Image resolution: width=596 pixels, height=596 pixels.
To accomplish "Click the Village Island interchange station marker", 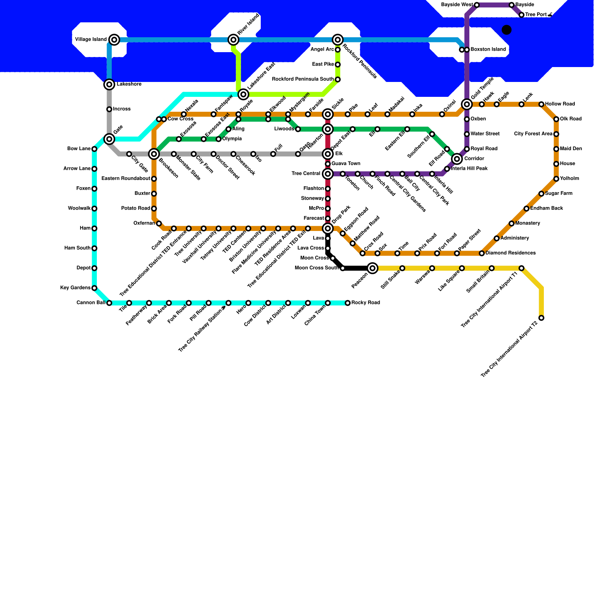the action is click(x=114, y=39).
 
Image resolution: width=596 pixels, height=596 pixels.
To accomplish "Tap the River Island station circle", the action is click(x=234, y=39).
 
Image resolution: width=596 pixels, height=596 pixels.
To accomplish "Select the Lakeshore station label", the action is click(x=129, y=84).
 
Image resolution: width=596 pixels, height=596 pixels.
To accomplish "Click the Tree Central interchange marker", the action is click(x=328, y=174).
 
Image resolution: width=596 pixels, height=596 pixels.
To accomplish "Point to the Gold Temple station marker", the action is click(x=467, y=104).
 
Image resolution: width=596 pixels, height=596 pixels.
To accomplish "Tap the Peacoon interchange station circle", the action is click(x=372, y=268).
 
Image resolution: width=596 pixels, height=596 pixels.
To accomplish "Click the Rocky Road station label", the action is click(x=365, y=302).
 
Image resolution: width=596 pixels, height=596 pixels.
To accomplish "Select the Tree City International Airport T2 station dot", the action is click(x=541, y=318).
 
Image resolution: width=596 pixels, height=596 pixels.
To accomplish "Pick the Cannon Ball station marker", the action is click(x=109, y=303).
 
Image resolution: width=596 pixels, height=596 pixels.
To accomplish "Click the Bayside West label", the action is click(x=457, y=5).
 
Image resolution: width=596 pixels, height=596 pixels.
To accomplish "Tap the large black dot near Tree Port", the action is click(x=507, y=30).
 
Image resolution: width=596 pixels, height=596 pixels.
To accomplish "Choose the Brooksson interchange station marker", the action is click(x=154, y=153).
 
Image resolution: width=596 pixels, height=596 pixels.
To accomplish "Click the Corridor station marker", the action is click(x=457, y=159).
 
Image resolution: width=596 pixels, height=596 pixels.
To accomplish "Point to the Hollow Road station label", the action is click(x=560, y=104).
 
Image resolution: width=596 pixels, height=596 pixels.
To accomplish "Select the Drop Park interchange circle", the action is click(x=328, y=228).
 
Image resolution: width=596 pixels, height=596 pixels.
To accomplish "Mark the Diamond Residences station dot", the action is click(x=482, y=253).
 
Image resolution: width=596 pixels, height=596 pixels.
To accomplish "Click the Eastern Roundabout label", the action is click(x=126, y=179).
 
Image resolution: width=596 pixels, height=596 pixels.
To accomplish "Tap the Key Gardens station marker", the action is click(x=94, y=288).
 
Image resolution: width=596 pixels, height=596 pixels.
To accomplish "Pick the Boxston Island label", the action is click(x=488, y=50).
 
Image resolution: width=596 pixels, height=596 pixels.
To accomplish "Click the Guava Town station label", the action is click(x=346, y=164).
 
